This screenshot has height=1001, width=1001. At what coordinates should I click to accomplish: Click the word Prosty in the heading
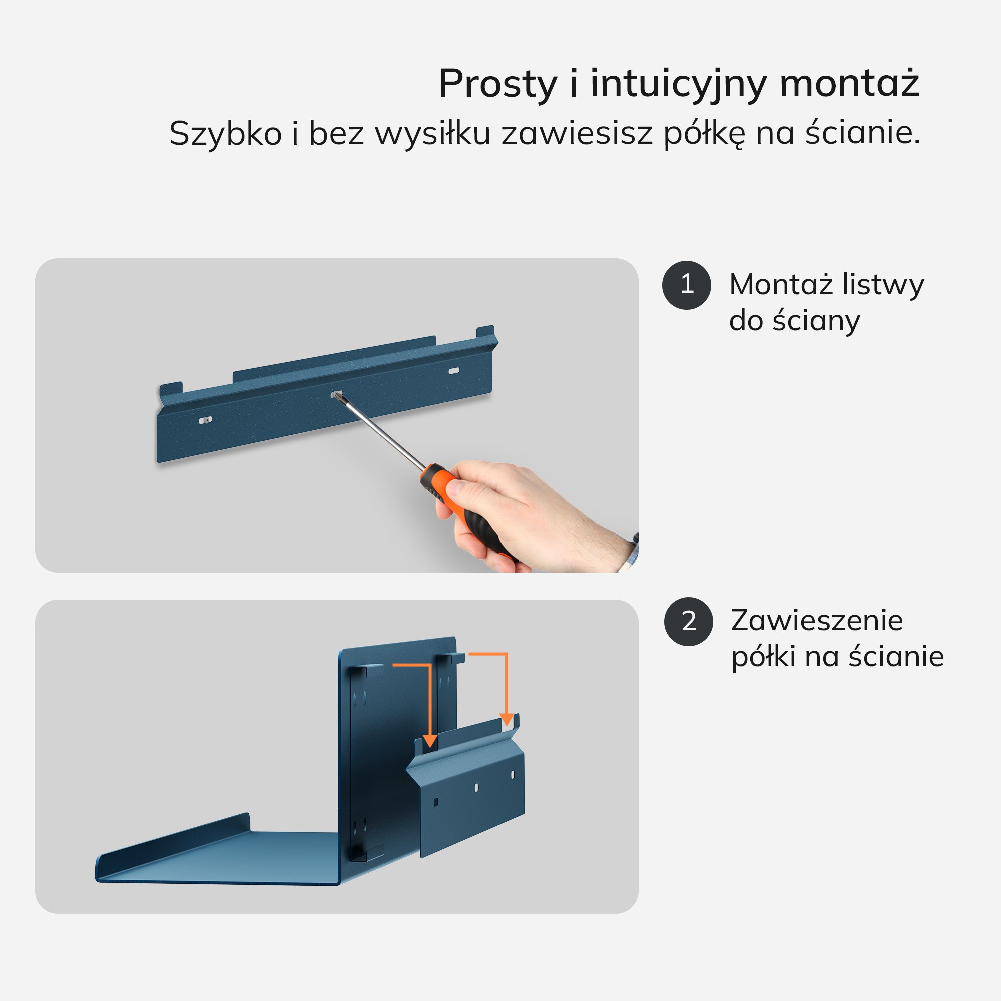click(x=498, y=84)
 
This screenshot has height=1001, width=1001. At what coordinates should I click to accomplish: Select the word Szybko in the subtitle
click(x=225, y=134)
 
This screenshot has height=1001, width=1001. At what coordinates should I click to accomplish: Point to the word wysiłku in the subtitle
click(x=432, y=134)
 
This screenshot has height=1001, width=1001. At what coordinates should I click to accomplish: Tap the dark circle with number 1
click(x=687, y=285)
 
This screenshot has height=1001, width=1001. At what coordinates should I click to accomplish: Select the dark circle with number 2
click(x=689, y=622)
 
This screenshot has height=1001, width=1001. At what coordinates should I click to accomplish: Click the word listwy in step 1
click(x=883, y=285)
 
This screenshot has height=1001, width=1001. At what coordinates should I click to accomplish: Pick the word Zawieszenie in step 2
click(x=817, y=620)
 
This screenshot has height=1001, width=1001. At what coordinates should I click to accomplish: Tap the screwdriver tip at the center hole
click(x=338, y=396)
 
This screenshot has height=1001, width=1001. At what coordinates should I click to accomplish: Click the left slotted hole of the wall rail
click(x=206, y=420)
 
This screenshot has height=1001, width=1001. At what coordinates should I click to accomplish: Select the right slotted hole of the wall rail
click(x=453, y=371)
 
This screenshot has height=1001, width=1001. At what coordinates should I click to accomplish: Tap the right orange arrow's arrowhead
click(x=507, y=720)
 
